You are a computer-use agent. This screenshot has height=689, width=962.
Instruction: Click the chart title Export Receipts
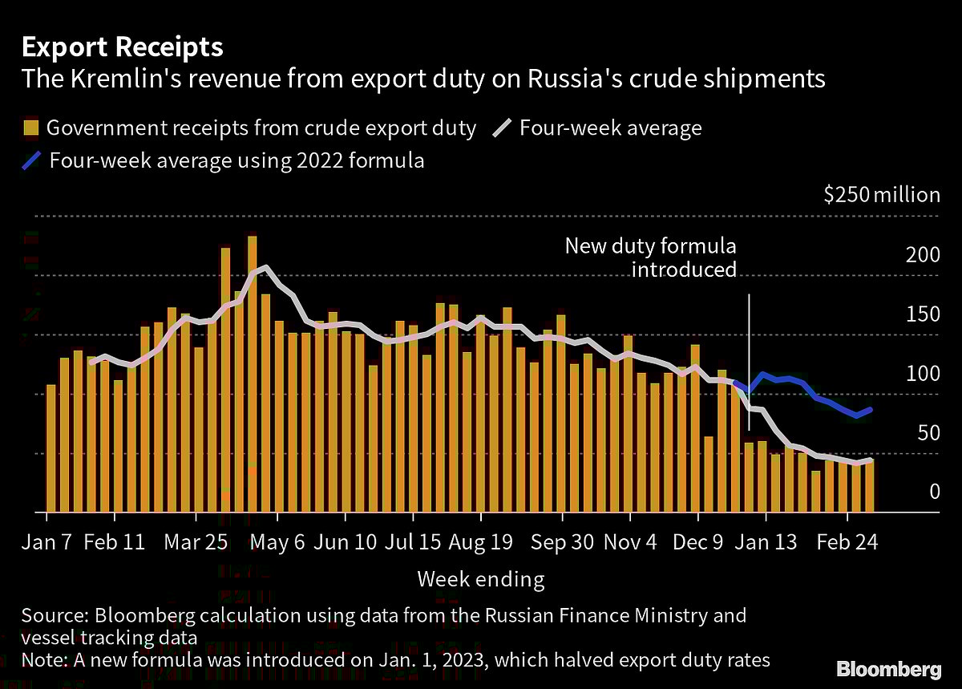tap(122, 47)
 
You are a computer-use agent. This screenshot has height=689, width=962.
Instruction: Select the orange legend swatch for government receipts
tap(31, 128)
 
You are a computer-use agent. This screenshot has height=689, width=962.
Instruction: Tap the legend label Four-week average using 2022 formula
tap(236, 160)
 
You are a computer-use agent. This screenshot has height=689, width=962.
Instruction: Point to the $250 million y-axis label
tap(881, 195)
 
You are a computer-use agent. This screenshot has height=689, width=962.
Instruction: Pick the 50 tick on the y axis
tap(928, 433)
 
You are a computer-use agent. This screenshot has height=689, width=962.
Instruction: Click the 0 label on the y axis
tap(934, 491)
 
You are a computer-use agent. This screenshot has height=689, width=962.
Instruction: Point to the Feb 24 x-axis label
tap(846, 542)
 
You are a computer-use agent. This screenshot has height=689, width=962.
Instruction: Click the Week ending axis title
tap(481, 579)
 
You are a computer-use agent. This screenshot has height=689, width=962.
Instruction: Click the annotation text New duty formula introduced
tap(650, 257)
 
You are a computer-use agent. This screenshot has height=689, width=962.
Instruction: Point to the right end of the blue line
tap(871, 409)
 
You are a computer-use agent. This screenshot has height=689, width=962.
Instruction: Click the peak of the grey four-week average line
tap(265, 267)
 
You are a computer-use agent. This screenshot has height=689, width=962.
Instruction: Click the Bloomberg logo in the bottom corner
tap(889, 668)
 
